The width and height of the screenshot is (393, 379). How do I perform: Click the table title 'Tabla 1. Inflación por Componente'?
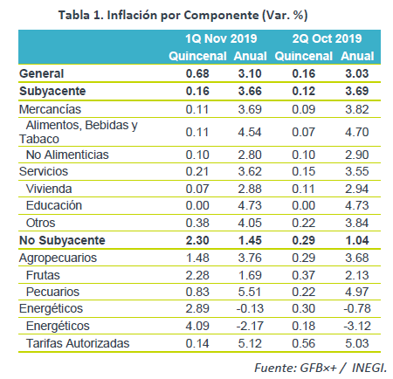(159, 15)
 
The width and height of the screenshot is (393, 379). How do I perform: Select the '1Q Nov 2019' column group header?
(221, 38)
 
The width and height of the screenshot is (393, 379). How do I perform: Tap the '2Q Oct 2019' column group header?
(327, 38)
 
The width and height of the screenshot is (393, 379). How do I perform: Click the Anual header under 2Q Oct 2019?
(357, 56)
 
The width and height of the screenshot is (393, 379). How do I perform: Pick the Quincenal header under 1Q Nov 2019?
(197, 56)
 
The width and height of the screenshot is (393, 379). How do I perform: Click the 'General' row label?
(41, 73)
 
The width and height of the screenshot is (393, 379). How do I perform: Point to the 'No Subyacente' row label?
(62, 240)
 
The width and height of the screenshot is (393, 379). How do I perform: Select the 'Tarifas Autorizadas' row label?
(78, 343)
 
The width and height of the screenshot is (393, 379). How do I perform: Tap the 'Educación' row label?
(54, 205)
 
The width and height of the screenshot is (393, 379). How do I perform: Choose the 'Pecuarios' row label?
(52, 292)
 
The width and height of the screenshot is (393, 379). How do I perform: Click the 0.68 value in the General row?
(197, 73)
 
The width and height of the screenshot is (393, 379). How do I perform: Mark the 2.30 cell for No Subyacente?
(197, 240)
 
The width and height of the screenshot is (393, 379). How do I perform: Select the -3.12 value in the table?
(357, 326)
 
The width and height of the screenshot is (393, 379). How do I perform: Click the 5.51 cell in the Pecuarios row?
(250, 292)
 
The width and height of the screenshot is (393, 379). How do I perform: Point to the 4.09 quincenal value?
(197, 326)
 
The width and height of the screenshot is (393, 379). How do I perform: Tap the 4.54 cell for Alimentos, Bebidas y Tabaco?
(250, 132)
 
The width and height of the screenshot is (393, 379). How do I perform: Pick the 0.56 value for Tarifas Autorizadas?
(304, 343)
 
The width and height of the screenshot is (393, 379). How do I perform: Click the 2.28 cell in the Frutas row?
(197, 275)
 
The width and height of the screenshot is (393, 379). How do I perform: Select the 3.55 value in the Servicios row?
(357, 171)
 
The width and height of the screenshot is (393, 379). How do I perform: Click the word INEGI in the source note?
(369, 368)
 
